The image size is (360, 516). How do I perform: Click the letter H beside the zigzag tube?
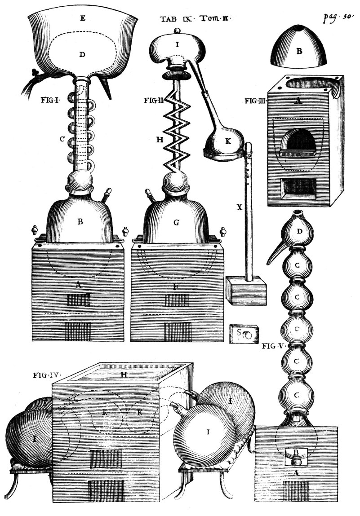(x=158, y=140)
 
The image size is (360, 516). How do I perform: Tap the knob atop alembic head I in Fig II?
(x=178, y=31)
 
